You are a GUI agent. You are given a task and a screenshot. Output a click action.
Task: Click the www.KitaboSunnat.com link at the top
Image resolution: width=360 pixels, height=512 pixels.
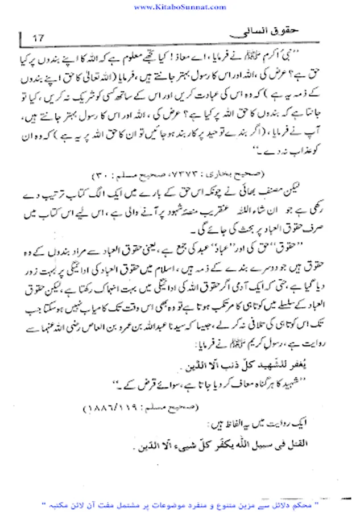click(179, 7)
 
